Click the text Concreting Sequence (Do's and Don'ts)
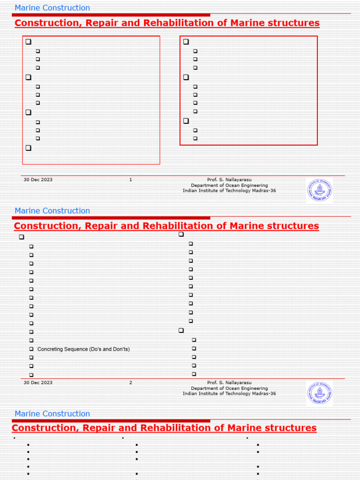[x=83, y=349]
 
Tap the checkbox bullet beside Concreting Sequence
[x=31, y=349]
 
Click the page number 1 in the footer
[x=131, y=180]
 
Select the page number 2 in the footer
[x=131, y=382]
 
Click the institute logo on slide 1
[x=319, y=190]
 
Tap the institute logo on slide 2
[x=319, y=393]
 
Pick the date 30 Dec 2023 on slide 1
[x=38, y=180]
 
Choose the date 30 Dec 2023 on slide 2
[x=38, y=382]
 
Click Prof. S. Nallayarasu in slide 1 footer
[x=229, y=180]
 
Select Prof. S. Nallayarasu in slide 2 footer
[x=229, y=382]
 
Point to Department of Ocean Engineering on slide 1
[x=229, y=185]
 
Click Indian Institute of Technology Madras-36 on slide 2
[x=229, y=394]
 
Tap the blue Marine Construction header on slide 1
[x=52, y=8]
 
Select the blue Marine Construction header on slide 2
[x=52, y=211]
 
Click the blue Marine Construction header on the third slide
[x=52, y=414]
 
